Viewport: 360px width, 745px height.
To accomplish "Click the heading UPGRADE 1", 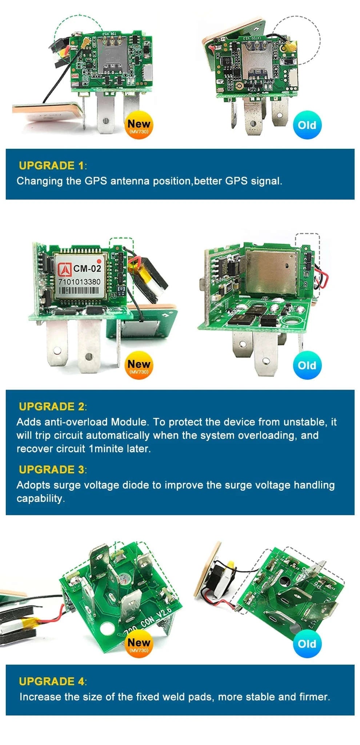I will pos(51,166).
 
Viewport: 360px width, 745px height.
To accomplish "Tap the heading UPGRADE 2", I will pos(51,406).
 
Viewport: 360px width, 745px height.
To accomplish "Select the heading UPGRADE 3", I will pos(51,470).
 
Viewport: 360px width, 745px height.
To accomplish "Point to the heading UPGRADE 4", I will pos(51,681).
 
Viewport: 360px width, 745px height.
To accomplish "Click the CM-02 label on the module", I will pos(87,268).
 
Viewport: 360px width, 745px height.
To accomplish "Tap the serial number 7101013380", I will pos(79,282).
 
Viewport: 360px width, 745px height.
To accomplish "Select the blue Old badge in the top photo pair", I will pos(307,125).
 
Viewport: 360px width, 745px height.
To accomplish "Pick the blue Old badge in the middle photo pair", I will pos(307,365).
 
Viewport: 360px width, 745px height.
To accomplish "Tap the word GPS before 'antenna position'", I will pos(96,181).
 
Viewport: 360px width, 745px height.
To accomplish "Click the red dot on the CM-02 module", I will pos(99,260).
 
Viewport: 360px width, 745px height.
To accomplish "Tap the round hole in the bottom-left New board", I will pos(107,628).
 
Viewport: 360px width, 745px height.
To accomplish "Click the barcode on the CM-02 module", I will pos(79,291).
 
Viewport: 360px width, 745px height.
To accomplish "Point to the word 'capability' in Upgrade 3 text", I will pos(40,498).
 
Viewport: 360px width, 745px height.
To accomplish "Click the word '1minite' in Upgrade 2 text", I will pos(106,449).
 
